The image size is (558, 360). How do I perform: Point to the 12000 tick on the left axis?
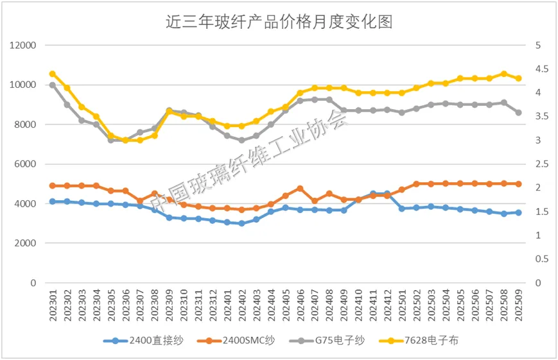(23, 46)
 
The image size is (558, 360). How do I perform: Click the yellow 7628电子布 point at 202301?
(53, 74)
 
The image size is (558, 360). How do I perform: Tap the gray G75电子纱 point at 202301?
(53, 85)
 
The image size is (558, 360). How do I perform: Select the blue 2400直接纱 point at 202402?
(241, 223)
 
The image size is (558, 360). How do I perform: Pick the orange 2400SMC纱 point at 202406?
(300, 188)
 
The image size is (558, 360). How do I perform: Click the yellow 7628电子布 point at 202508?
(504, 74)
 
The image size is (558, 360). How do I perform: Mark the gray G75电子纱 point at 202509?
(519, 112)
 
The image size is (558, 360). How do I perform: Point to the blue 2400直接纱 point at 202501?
(402, 209)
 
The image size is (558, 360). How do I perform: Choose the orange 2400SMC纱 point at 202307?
(140, 201)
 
